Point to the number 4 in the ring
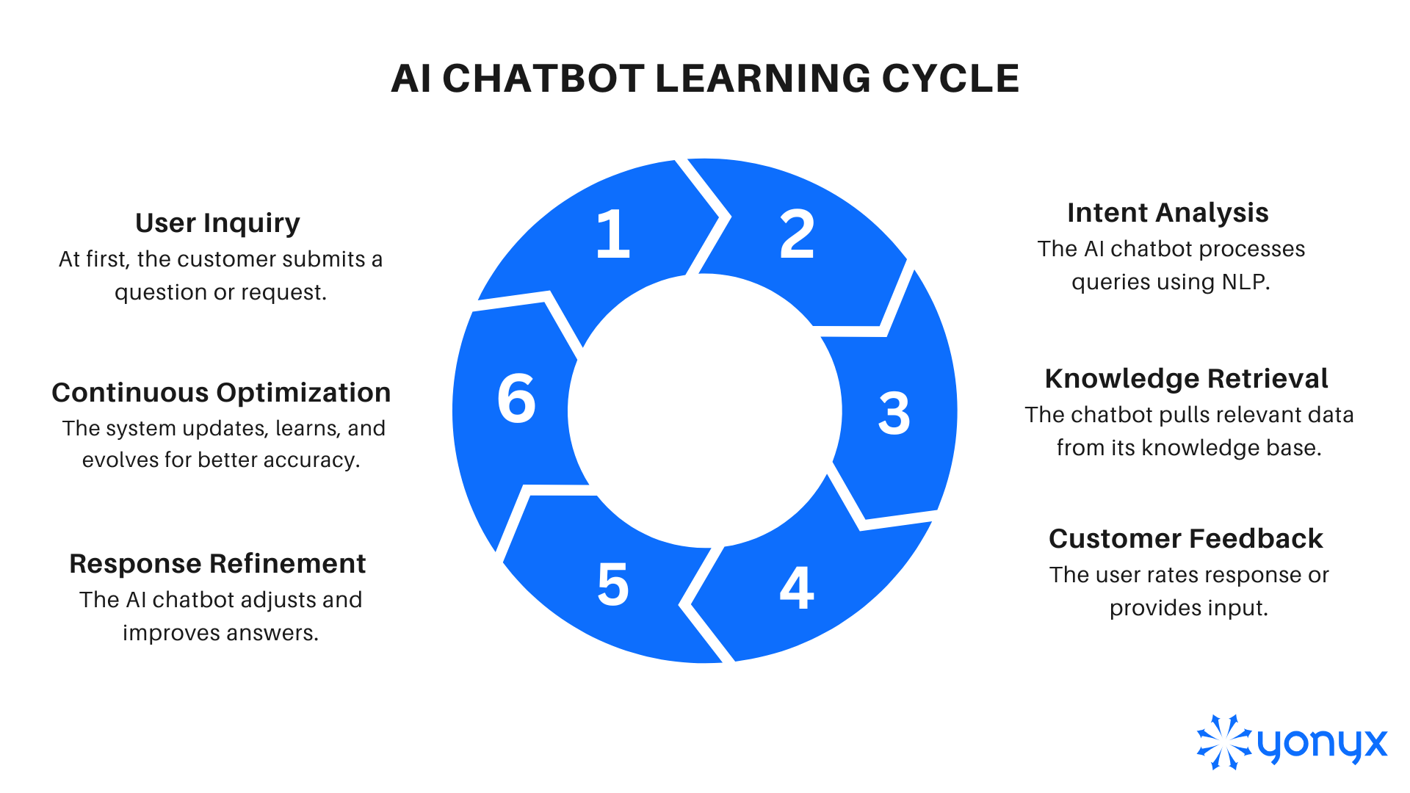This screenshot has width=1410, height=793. point(797,587)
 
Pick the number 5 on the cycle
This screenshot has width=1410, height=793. point(613,584)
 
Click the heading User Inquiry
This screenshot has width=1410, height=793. point(217,223)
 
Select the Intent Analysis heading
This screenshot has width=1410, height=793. point(1168,213)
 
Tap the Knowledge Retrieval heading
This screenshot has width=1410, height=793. point(1186,379)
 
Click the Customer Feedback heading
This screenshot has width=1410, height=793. point(1186,539)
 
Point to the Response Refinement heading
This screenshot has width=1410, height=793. point(217,564)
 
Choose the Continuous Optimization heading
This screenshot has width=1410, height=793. point(221,393)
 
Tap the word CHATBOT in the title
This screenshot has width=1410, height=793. point(543,79)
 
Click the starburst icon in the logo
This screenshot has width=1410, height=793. point(1223,742)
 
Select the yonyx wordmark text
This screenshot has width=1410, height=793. point(1322,745)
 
